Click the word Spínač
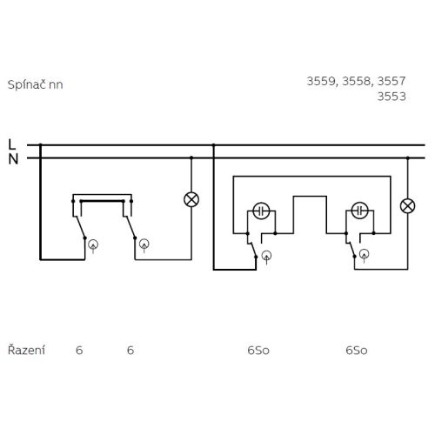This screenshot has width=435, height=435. (x=27, y=85)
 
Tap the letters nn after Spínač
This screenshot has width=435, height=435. (x=57, y=85)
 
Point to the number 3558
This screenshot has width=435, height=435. (x=357, y=82)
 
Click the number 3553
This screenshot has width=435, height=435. (x=392, y=97)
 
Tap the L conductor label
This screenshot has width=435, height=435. (x=11, y=144)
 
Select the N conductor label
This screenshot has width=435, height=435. (x=11, y=158)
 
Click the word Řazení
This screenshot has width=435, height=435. (x=26, y=350)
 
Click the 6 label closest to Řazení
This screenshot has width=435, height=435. (x=79, y=351)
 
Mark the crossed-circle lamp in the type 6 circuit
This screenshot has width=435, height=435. (x=191, y=199)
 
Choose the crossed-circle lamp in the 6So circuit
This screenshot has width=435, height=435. (x=406, y=205)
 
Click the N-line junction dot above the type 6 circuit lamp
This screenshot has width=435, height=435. (x=191, y=158)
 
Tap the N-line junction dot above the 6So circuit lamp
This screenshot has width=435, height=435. (x=406, y=158)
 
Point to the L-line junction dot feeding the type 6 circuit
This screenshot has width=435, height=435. (x=40, y=144)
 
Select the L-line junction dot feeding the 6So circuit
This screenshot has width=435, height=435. (x=213, y=144)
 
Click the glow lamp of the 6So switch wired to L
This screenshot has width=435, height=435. (x=261, y=211)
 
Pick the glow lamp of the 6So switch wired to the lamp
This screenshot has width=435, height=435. (x=359, y=211)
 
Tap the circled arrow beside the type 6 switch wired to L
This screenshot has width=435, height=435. (x=94, y=244)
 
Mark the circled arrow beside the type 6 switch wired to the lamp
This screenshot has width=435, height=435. (x=144, y=244)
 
